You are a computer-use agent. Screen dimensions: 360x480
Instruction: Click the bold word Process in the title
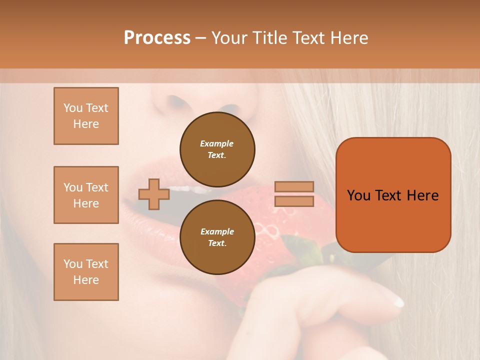[157, 38]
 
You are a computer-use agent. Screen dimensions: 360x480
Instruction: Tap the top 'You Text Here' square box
[86, 116]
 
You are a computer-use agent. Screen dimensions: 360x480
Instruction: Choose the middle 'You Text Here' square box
[86, 195]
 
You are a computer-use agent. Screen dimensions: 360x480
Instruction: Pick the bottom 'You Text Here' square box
[86, 271]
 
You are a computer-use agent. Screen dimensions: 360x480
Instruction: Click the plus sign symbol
[153, 194]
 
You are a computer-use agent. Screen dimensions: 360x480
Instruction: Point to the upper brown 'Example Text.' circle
[217, 149]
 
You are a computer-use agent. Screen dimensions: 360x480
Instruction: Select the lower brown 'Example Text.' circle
[217, 237]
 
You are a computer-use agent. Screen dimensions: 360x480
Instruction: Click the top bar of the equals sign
[294, 186]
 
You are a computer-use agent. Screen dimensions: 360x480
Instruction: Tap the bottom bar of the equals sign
[294, 201]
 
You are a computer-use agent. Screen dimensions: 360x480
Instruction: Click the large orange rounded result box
[393, 194]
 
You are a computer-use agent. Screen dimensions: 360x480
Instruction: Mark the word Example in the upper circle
[217, 143]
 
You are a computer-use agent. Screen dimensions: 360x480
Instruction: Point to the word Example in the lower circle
[217, 231]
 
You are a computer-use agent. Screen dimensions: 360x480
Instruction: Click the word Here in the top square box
[86, 124]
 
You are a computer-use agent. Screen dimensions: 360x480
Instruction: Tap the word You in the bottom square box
[73, 264]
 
